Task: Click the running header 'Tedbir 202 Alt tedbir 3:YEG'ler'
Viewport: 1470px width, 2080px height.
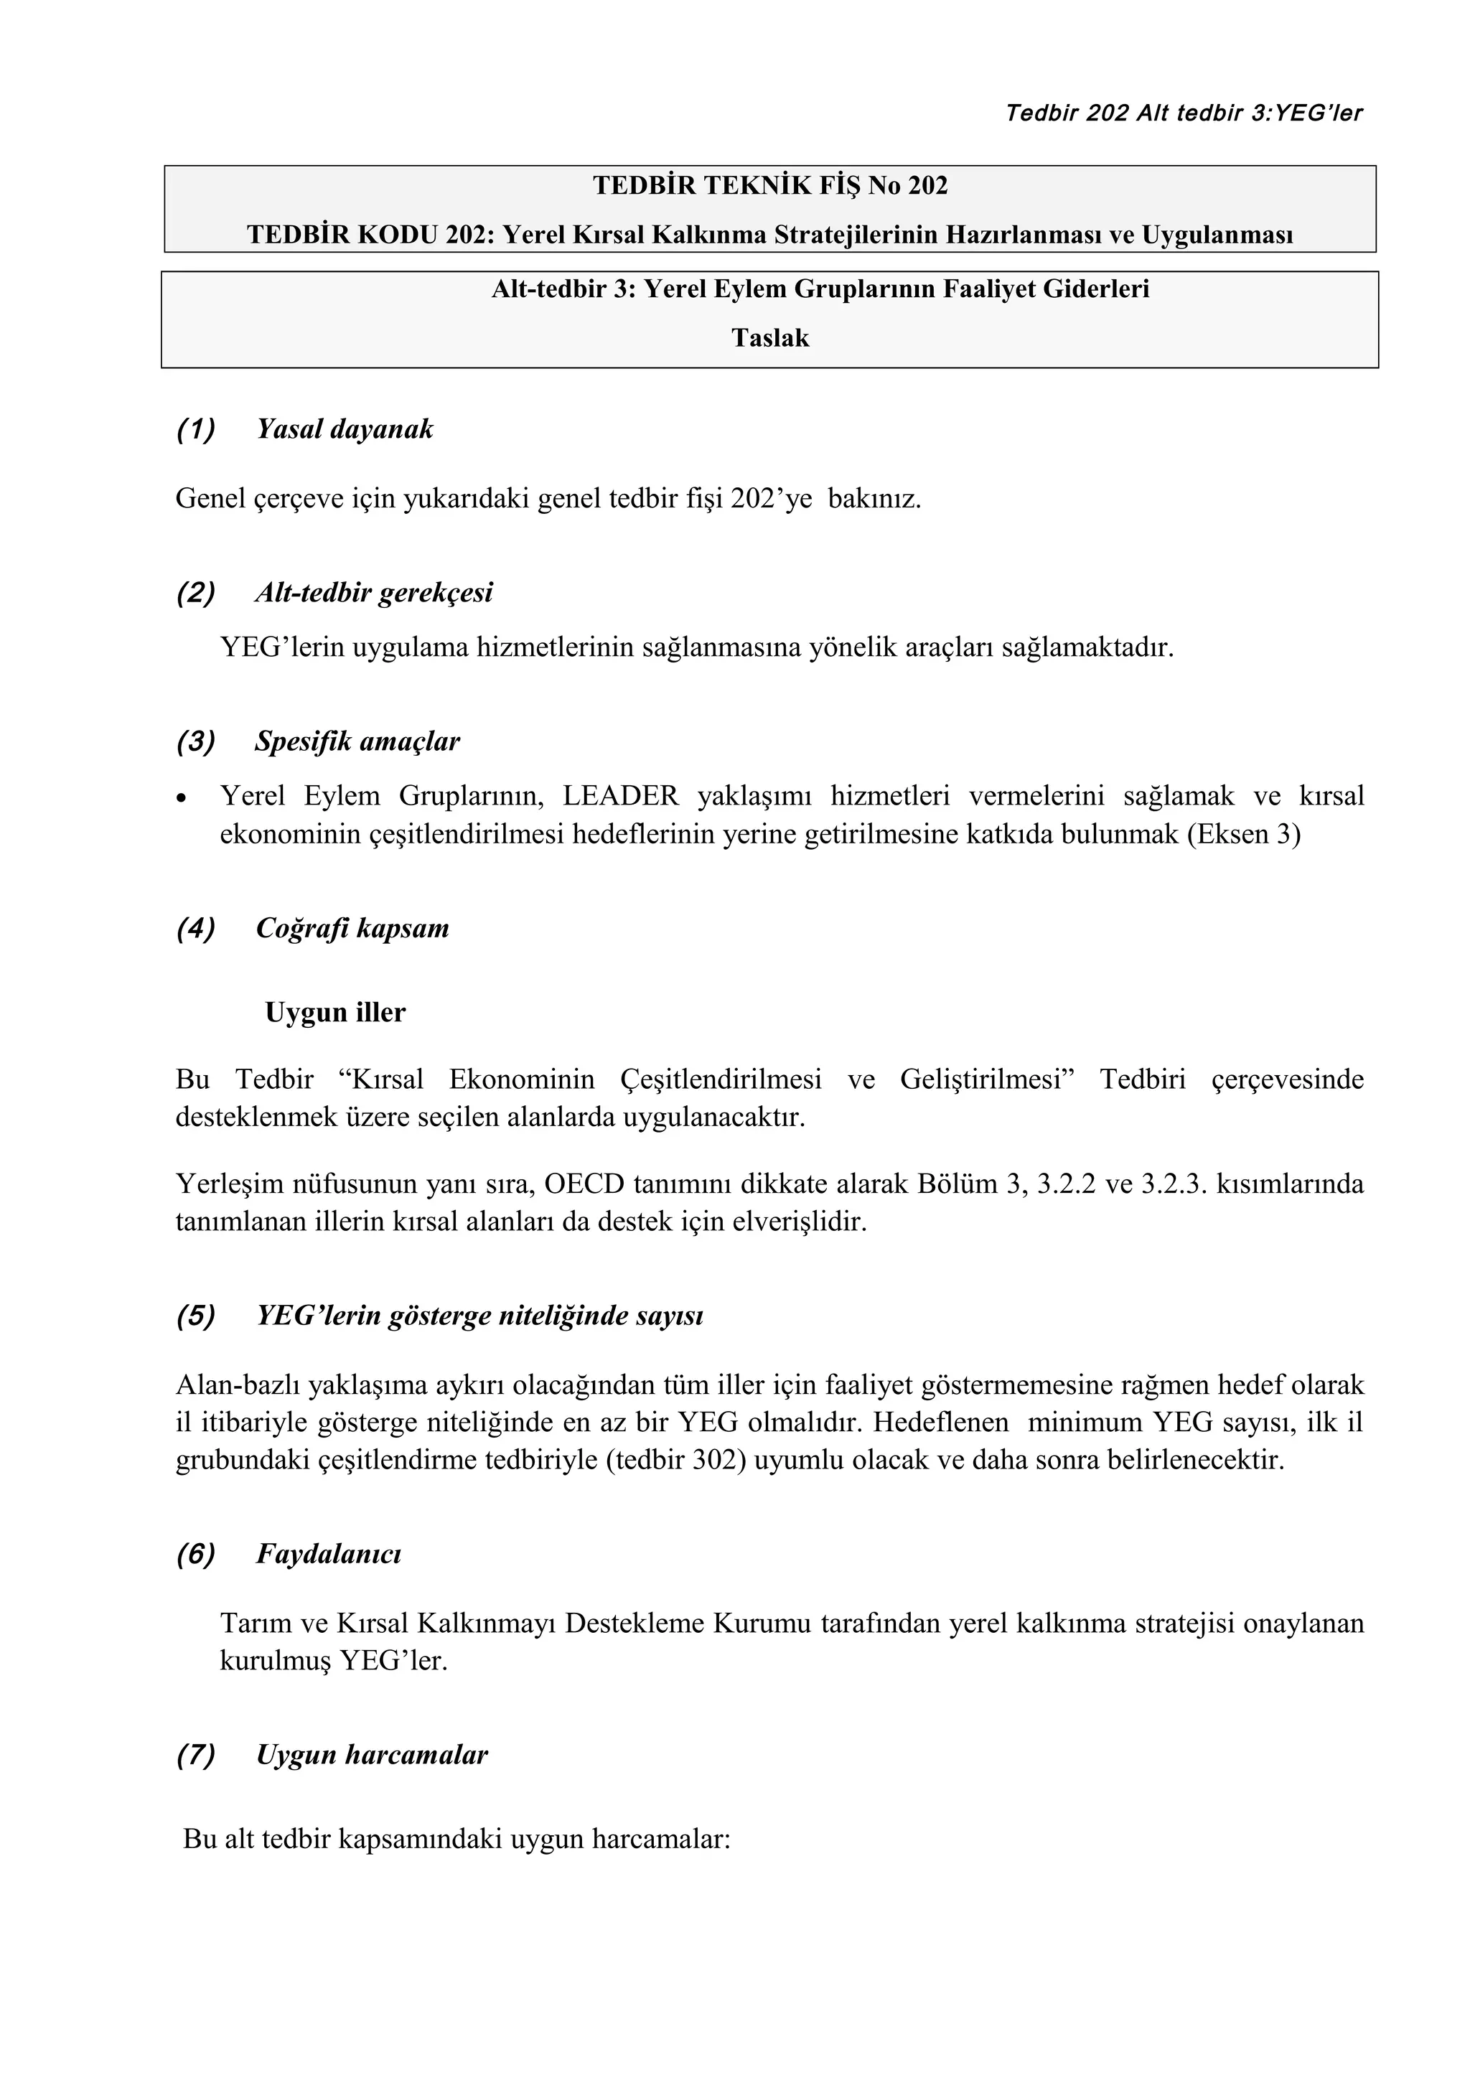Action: tap(1183, 113)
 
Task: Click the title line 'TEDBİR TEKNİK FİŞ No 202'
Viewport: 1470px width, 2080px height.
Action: tap(770, 186)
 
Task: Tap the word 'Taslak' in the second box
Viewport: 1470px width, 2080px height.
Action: tap(770, 339)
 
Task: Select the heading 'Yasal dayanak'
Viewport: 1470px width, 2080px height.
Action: tap(345, 428)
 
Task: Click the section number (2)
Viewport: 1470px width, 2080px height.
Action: tap(196, 594)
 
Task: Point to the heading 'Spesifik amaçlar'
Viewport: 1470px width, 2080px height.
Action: tap(357, 742)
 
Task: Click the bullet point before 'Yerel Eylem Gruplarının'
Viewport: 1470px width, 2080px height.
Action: tap(182, 799)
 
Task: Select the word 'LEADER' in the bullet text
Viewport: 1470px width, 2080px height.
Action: tap(619, 796)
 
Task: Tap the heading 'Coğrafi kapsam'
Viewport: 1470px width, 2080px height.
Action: tap(352, 929)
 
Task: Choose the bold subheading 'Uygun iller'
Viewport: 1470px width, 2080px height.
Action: tap(335, 1012)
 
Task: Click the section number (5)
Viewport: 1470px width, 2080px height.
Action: tap(196, 1316)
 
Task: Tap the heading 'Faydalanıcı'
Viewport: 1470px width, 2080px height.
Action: tap(328, 1555)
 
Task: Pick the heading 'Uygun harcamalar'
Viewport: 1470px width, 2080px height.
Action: tap(371, 1756)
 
